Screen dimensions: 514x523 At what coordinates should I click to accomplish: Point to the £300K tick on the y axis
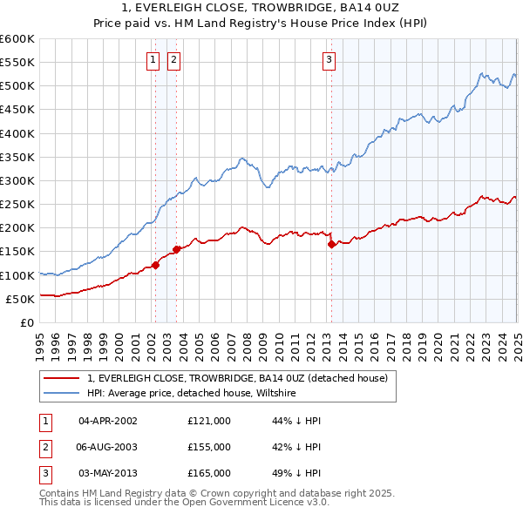click(17, 180)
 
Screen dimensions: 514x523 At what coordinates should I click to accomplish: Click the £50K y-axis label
click(20, 299)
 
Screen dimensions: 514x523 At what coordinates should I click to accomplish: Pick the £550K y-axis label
click(17, 63)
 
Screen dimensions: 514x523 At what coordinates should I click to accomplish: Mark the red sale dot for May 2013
click(331, 245)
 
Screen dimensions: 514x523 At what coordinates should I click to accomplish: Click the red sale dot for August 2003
click(176, 249)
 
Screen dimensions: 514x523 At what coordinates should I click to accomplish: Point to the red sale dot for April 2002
click(155, 265)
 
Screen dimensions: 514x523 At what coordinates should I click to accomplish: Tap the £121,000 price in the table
click(209, 421)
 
